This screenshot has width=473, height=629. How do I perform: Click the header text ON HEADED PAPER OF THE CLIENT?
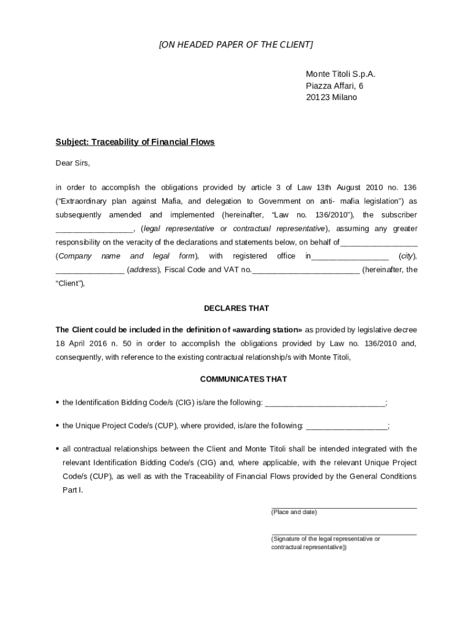point(236,45)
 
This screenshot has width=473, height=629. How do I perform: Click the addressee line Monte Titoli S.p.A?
point(340,74)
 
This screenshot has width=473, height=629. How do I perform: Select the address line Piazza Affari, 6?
point(335,86)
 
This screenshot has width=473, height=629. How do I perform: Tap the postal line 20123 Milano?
point(331,98)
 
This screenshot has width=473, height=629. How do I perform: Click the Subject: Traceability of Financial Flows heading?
point(135,142)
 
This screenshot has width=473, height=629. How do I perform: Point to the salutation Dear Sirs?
point(72,163)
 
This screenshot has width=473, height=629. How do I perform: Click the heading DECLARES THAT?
point(236,308)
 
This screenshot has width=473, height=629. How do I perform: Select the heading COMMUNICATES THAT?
point(236,379)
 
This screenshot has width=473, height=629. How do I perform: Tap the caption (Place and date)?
point(294,512)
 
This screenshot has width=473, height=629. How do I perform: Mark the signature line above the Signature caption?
point(344,534)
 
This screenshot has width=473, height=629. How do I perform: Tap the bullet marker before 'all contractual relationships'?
point(57,449)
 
